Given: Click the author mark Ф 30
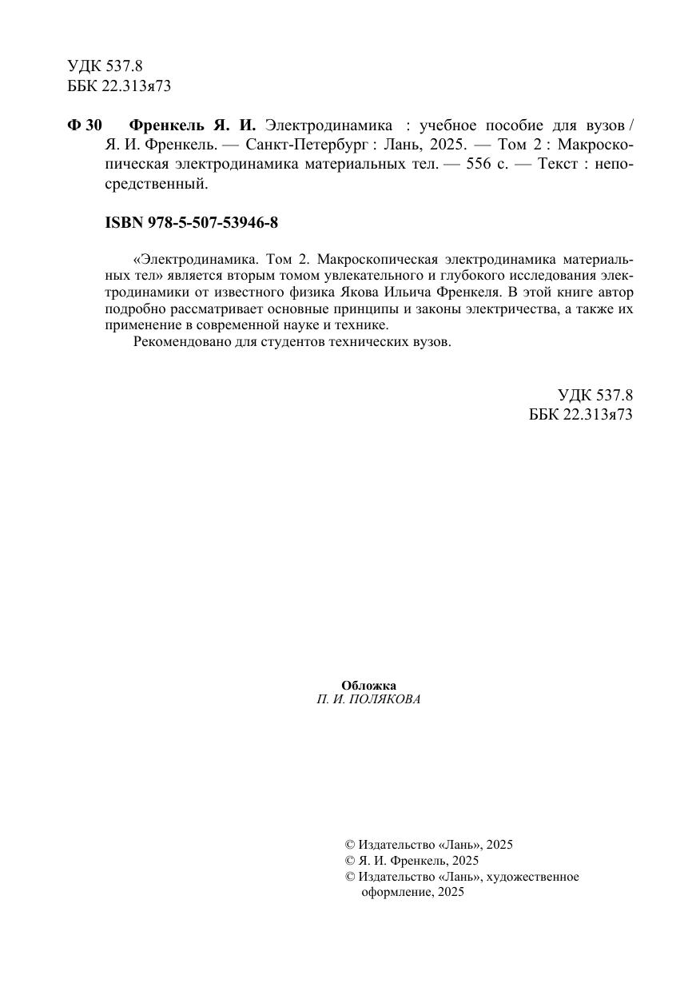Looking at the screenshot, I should point(85,126).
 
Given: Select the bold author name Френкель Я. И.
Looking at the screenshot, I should point(192,126).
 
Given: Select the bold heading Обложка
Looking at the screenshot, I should point(368,685).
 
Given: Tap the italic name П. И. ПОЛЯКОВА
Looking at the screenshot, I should point(368,698).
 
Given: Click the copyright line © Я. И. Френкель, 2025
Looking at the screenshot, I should point(412,860).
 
